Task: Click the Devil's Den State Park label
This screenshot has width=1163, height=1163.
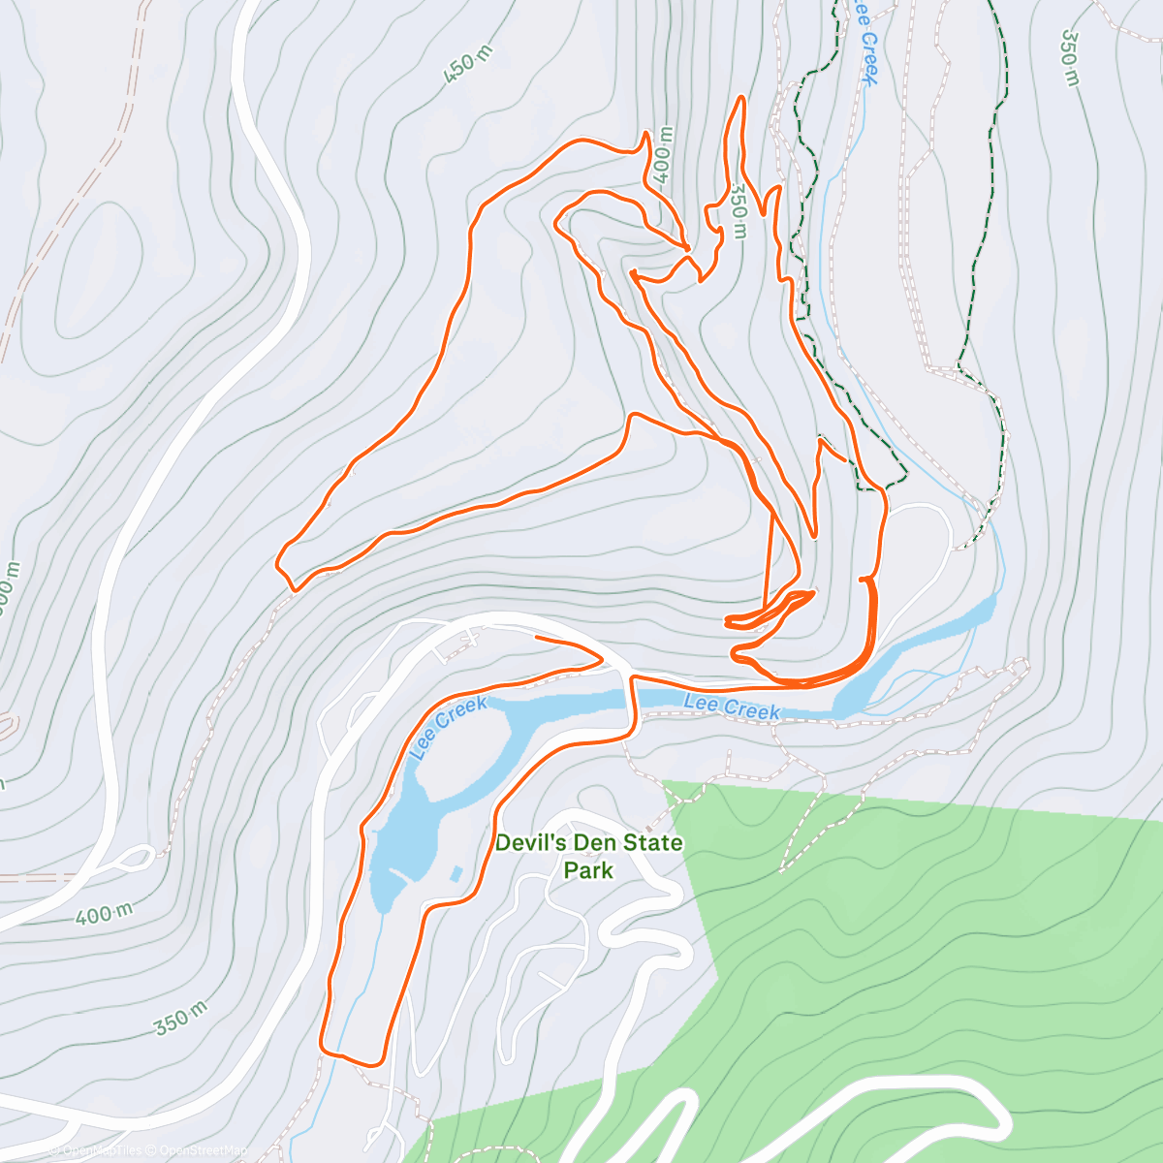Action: (588, 856)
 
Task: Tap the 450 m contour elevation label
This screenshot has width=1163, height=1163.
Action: (469, 66)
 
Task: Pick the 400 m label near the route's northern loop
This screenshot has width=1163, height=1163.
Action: (662, 155)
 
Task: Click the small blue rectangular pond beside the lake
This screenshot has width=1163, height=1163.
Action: (456, 874)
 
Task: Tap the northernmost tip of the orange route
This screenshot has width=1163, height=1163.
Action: (741, 98)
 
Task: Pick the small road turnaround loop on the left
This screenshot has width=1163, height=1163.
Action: (136, 857)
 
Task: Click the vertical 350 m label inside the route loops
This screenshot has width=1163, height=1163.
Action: (739, 212)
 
